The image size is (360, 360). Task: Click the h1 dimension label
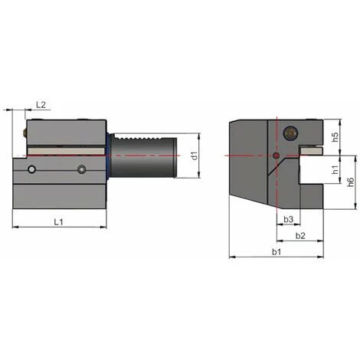(x=335, y=169)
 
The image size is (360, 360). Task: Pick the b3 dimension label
(x=287, y=220)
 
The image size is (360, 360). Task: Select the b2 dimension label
(x=300, y=235)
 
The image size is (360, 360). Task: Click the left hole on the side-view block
(x=31, y=169)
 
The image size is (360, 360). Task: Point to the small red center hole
(x=276, y=156)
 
